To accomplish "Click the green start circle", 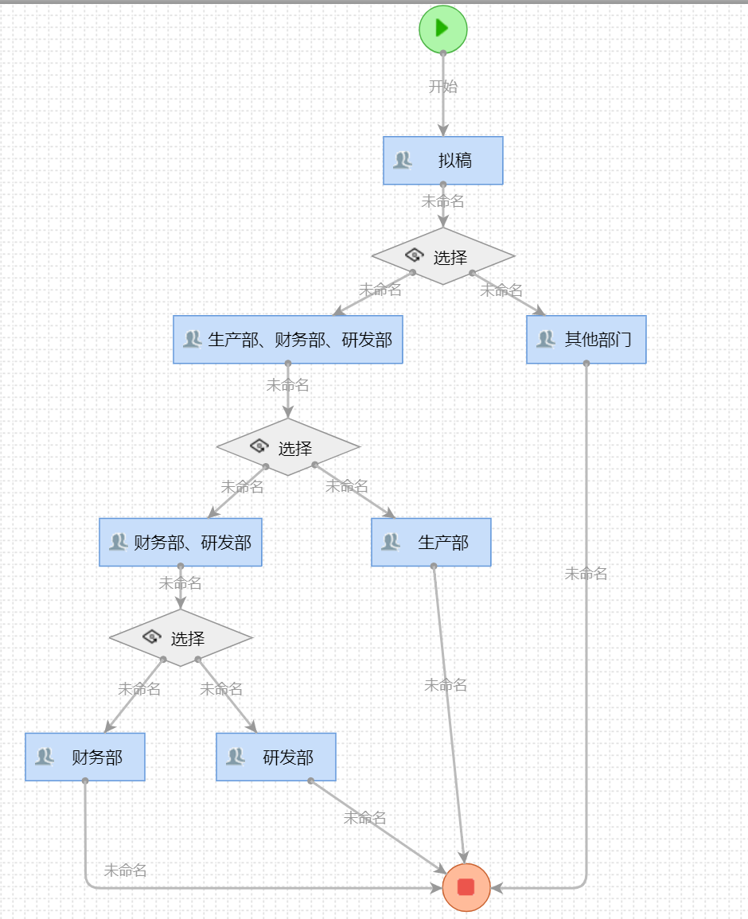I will (x=443, y=29).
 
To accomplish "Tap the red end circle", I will (x=466, y=886).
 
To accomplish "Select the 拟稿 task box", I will (x=443, y=161).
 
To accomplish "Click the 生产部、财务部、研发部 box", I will (x=288, y=340).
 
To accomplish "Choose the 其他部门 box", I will (x=586, y=340).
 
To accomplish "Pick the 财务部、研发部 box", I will (x=181, y=543).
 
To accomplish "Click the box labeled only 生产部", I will (x=431, y=543).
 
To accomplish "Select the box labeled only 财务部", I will (x=85, y=757).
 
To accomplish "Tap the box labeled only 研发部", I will (x=276, y=757).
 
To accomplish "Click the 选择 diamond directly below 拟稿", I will (x=443, y=256).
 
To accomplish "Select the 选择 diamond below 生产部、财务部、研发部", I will (x=288, y=447).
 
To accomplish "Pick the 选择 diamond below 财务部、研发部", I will (x=181, y=638).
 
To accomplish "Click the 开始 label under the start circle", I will (x=443, y=87).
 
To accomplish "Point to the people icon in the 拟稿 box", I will (x=403, y=161).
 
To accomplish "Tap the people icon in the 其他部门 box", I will (x=545, y=340).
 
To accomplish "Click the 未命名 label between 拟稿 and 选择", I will (x=443, y=201).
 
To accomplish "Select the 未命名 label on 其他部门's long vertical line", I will (x=586, y=574).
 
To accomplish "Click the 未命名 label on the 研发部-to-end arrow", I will (x=365, y=818).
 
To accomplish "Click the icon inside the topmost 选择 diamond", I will (x=415, y=255).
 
